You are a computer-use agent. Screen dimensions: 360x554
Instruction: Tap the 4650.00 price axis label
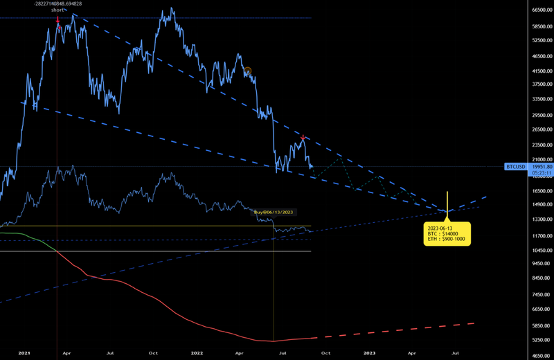pyautogui.click(x=536, y=354)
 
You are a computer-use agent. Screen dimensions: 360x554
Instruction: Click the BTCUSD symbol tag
pyautogui.click(x=516, y=167)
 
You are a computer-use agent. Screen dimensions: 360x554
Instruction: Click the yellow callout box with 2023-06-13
pyautogui.click(x=447, y=233)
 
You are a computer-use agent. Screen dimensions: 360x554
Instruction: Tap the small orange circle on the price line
pyautogui.click(x=247, y=70)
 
